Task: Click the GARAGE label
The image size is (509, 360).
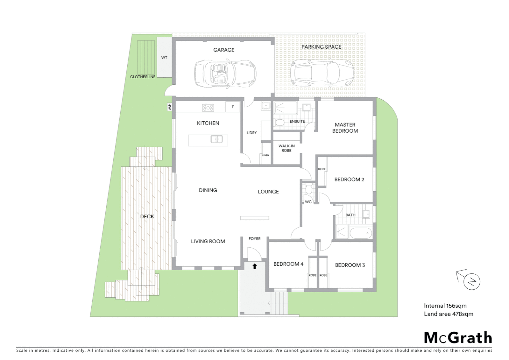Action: pos(224,50)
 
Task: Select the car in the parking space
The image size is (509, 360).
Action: pos(322,72)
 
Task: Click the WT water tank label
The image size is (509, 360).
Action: pos(164,58)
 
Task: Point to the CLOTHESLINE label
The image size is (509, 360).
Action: pos(143,77)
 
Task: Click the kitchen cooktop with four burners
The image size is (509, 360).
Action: pos(208,107)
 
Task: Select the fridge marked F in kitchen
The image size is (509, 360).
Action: pos(233,107)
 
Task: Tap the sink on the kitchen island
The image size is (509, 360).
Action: pos(217,139)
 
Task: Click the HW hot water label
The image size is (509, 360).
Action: pos(170,107)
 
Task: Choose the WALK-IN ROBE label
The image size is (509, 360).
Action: pos(286,148)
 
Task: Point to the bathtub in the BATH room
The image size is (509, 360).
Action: pos(360,233)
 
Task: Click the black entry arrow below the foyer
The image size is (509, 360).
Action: pos(255,266)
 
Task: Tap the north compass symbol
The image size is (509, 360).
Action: pos(471,282)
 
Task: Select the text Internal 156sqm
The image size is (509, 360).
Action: pos(445,306)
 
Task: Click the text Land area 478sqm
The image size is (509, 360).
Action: pos(448,314)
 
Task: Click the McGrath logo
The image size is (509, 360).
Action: pos(458,338)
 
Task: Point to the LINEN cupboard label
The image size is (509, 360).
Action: pos(265,155)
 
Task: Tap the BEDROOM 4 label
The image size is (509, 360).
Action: pos(288,264)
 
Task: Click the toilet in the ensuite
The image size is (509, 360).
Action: pos(280,123)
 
